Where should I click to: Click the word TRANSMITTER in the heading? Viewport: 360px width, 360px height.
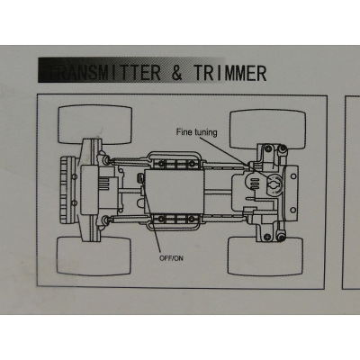coord(103,72)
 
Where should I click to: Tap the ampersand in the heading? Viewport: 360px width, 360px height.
coord(177,72)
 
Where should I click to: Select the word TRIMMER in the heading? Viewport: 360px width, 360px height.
coord(229,72)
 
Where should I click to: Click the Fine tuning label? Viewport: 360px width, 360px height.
coord(196,132)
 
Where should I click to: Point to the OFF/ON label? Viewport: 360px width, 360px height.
coord(171,258)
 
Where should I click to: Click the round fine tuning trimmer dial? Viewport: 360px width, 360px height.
coord(273,185)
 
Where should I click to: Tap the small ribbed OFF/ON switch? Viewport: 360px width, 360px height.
coord(140,178)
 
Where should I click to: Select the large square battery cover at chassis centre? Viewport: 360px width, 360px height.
coord(175,192)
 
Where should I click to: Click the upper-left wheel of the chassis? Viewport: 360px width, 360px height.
coord(94,124)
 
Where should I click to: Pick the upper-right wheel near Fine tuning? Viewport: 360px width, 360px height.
coord(267,130)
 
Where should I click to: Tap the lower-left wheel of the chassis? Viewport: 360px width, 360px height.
coord(94,256)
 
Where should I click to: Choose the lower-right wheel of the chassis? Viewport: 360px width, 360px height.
coord(265,256)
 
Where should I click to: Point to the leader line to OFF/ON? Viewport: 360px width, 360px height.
coord(150,216)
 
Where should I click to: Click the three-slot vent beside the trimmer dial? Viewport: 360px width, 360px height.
coord(255,183)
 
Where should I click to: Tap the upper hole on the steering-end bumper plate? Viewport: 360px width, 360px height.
coord(292,176)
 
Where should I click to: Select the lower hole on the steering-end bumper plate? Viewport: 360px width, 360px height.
coord(292,210)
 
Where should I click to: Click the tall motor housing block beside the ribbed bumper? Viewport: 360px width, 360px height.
coord(88,190)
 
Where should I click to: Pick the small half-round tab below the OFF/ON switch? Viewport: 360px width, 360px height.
coord(140,203)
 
